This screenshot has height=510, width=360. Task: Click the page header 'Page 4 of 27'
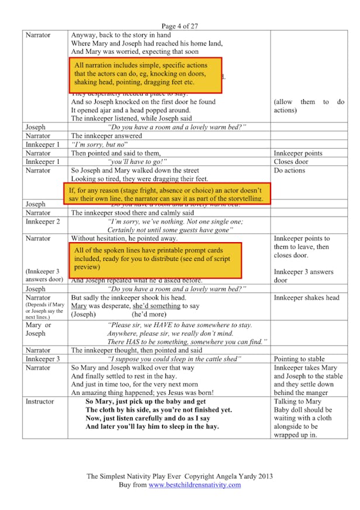[x=179, y=26]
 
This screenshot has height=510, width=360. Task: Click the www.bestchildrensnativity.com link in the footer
[x=195, y=485]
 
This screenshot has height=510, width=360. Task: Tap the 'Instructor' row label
[x=40, y=402]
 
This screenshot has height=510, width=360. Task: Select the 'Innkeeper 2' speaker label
[x=43, y=222]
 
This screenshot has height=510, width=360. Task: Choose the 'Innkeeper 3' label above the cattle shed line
[x=43, y=359]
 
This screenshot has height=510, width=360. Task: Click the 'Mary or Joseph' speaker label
[x=39, y=329]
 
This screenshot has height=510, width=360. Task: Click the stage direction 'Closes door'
[x=291, y=161]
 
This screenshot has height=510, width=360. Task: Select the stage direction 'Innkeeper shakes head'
[x=306, y=297]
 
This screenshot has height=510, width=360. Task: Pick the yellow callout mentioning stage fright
[x=166, y=194]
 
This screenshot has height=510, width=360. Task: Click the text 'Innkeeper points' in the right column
[x=298, y=153]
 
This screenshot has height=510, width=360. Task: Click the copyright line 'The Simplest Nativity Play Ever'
[x=179, y=477]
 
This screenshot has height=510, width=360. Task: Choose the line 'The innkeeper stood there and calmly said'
[x=133, y=213]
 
